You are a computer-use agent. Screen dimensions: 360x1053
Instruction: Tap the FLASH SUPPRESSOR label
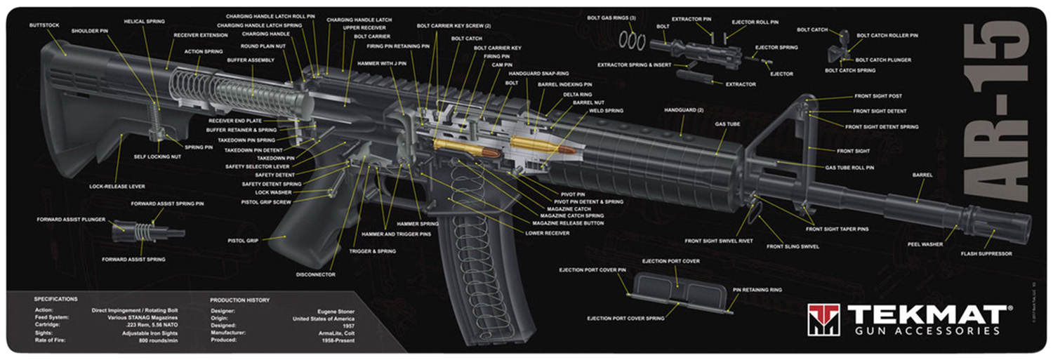click(986, 253)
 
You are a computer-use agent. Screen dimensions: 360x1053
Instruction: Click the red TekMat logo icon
click(823, 320)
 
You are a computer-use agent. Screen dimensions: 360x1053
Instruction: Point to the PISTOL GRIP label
click(243, 241)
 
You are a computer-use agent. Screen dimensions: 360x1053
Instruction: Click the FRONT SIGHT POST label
click(877, 96)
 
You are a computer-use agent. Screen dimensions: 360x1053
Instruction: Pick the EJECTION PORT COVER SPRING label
click(625, 319)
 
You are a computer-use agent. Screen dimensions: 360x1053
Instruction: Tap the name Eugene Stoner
click(335, 310)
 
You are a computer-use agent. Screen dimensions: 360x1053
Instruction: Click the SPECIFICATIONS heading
click(56, 300)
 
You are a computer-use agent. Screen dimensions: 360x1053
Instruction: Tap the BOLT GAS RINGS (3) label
click(611, 17)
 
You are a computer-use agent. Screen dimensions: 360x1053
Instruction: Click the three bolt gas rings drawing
click(632, 41)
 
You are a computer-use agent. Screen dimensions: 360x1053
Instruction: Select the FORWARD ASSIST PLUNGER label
click(71, 220)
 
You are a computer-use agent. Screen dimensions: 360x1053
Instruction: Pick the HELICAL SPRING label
click(144, 21)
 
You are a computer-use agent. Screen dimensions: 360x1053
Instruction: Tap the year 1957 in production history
click(346, 326)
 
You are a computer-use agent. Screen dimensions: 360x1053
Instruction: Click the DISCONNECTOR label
click(315, 274)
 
